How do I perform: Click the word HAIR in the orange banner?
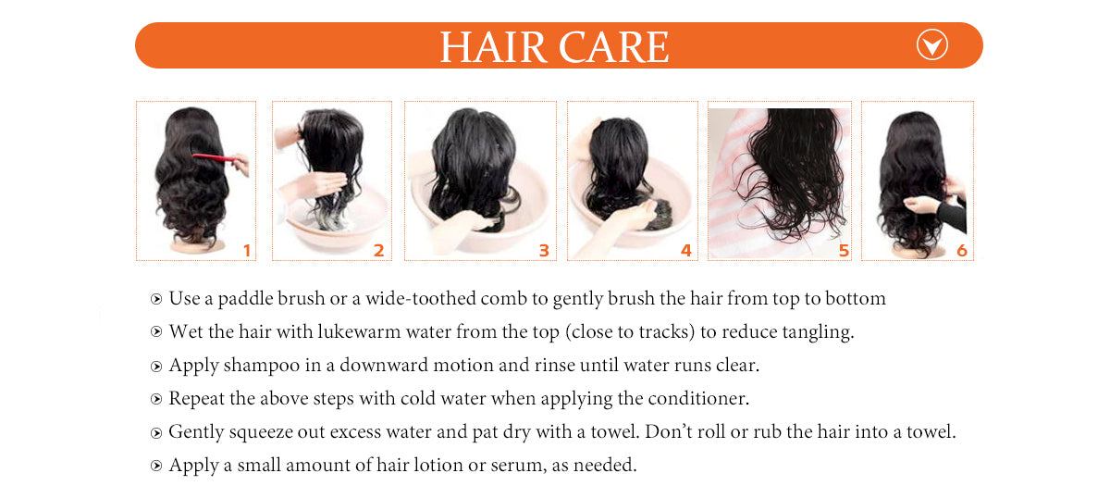pos(493,47)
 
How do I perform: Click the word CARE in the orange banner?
pos(614,47)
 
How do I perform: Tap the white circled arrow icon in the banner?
pos(932,44)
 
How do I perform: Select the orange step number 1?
pos(247,251)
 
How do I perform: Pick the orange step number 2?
pos(378,251)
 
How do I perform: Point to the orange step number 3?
pos(544,251)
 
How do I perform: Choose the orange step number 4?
pos(685,251)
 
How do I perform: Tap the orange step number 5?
pos(844,251)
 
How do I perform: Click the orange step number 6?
pos(962,251)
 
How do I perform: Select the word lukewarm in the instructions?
pos(359,331)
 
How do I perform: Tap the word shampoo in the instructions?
pos(261,366)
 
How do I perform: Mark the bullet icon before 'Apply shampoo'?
pos(156,367)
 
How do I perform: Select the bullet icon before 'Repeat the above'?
pos(156,399)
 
